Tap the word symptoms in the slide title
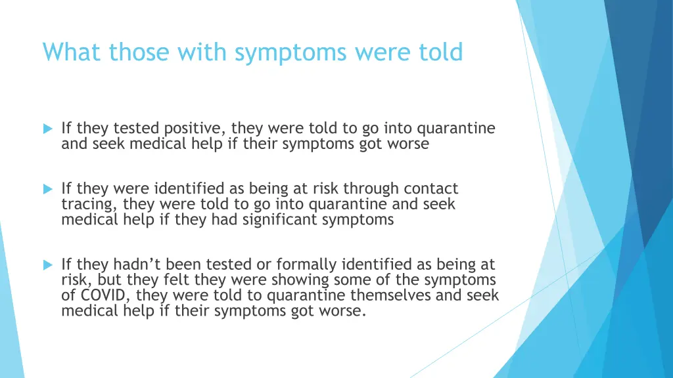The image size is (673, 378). [291, 52]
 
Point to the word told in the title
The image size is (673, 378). [441, 52]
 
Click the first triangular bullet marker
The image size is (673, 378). [47, 129]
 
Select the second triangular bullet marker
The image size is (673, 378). [47, 189]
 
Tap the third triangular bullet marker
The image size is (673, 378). [47, 265]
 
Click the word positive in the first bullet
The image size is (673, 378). [195, 129]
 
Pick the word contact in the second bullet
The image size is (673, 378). [431, 189]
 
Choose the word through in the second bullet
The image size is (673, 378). [369, 189]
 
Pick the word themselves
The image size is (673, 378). [391, 295]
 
